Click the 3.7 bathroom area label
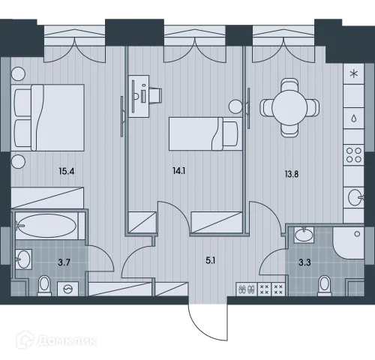pos(64,262)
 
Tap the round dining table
pos(286,107)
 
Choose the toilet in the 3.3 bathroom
pos(324,284)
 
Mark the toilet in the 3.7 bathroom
pos(43,284)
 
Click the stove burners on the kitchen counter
pos(352,155)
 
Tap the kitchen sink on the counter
pos(354,199)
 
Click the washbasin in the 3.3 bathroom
pos(304,235)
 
